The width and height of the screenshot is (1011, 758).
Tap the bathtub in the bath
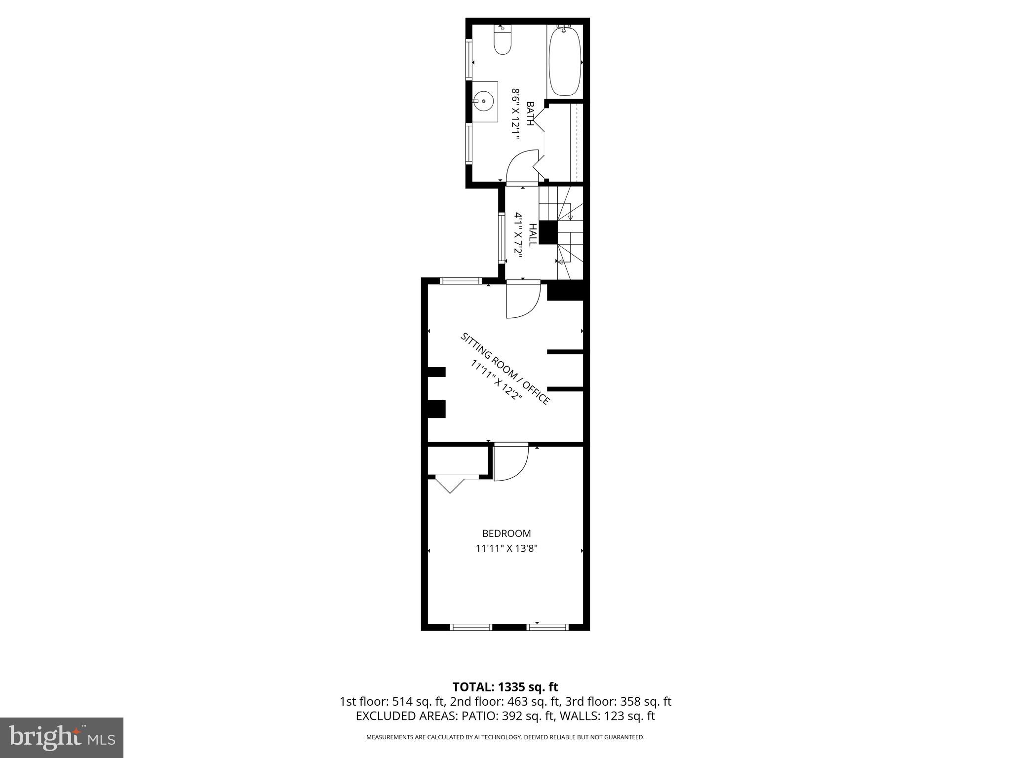point(565,62)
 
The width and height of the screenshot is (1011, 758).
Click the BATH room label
point(530,114)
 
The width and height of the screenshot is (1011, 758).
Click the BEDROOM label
point(506,533)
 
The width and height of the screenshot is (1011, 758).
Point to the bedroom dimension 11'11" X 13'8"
point(506,548)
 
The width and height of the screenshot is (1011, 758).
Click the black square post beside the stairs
point(548,232)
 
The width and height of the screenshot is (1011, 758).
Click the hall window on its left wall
point(501,238)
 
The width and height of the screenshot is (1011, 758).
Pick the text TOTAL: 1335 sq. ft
point(505,687)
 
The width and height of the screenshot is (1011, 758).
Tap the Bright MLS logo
point(62,737)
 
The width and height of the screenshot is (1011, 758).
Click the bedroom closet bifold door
point(450,483)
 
